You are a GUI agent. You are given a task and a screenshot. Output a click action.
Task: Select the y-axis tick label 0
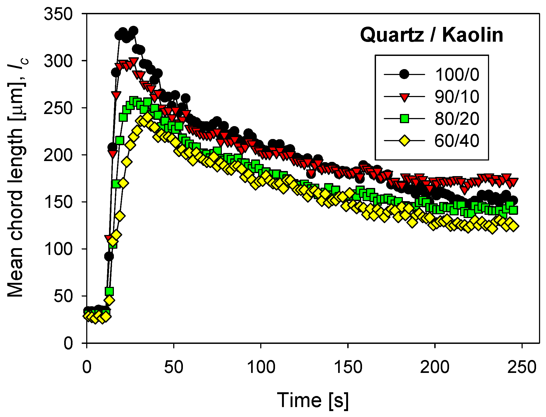pos(68,343)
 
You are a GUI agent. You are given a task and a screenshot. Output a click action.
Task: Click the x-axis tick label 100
pos(261,367)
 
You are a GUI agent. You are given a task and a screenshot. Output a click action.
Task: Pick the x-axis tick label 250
pos(522,367)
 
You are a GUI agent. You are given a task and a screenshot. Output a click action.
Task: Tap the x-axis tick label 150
pos(348,367)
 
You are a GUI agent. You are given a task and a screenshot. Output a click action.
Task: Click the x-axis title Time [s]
pos(313,400)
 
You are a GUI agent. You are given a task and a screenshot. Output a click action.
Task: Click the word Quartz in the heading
pos(392,35)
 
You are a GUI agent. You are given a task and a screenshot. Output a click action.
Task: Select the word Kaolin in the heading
pos(473,35)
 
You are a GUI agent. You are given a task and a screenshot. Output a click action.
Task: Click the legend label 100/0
pos(457,74)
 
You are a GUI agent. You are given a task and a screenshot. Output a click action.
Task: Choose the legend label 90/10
pos(457,97)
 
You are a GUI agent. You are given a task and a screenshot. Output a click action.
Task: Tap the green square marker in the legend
pos(404,119)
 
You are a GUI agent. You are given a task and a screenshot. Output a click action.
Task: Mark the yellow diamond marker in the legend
pos(404,141)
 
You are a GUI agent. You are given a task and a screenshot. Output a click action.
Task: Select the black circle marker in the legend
pos(404,74)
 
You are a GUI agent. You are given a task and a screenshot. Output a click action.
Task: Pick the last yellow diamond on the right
pos(513,226)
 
